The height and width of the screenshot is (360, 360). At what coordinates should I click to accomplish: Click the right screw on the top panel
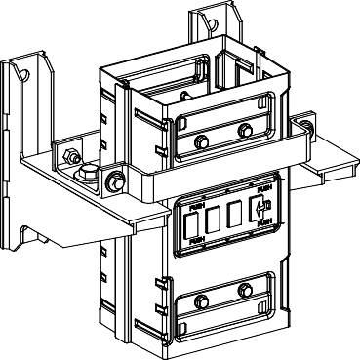click(244, 131)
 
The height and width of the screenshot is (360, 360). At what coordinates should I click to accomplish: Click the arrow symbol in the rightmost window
click(259, 208)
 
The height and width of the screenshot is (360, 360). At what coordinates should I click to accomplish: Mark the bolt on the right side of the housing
click(306, 128)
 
